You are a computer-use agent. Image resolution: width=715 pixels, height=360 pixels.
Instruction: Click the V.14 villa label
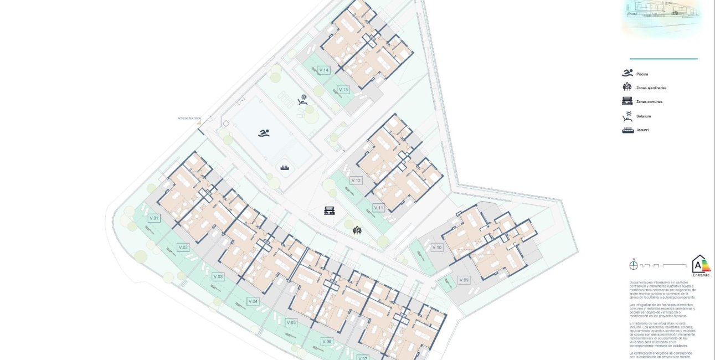[324, 70]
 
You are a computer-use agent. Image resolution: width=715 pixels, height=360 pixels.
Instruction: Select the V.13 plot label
[343, 90]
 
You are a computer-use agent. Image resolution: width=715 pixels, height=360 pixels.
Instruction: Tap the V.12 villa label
[356, 181]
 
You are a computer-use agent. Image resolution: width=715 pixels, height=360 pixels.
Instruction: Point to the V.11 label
[379, 208]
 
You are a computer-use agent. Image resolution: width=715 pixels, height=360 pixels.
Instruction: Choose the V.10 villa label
[437, 248]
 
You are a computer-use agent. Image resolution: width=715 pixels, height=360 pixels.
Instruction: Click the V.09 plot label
[464, 280]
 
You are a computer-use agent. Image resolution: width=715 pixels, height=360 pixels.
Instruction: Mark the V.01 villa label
[154, 218]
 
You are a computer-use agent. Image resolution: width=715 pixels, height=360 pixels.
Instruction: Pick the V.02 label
[183, 247]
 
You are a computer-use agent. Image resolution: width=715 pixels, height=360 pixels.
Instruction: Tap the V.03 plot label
[218, 276]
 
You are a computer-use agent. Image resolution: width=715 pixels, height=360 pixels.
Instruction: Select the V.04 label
[253, 301]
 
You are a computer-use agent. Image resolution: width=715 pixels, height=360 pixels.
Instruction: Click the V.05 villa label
[291, 322]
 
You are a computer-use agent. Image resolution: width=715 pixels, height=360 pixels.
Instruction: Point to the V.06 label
[327, 341]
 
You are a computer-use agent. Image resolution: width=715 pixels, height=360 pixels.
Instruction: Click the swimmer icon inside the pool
[264, 133]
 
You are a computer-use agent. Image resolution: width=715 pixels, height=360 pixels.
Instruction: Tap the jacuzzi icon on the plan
[285, 167]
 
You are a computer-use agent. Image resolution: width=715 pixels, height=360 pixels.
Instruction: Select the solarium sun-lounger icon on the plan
[302, 100]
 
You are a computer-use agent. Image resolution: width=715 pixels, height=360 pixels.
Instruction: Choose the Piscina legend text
[642, 74]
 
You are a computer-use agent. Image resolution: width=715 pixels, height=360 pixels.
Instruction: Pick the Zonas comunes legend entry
[649, 102]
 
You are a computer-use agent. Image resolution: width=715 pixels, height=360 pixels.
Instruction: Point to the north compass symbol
[634, 265]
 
